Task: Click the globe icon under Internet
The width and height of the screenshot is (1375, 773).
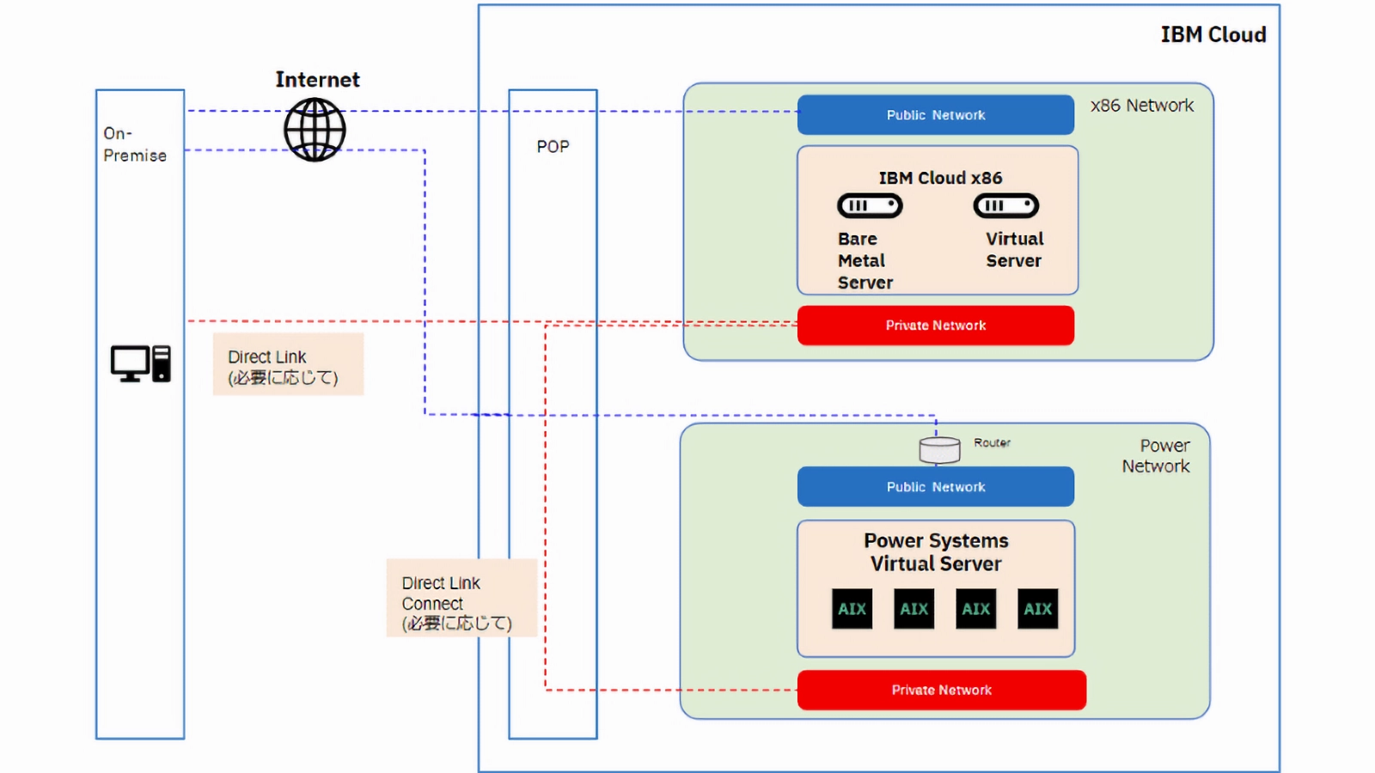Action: pos(315,130)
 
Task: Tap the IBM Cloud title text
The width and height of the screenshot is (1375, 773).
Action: pos(1213,34)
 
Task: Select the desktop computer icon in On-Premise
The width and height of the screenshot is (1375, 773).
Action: pos(140,363)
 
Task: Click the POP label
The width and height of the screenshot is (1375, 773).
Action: pos(553,147)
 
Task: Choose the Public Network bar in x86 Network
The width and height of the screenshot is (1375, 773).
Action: pos(935,115)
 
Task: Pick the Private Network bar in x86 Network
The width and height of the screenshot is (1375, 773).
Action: pos(935,326)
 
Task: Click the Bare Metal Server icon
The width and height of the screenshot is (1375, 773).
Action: pos(870,206)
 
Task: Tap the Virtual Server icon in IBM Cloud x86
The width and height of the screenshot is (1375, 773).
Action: pos(1005,206)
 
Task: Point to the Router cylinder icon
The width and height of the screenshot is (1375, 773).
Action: pos(939,449)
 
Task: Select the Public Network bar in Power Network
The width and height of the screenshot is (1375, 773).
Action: pos(935,487)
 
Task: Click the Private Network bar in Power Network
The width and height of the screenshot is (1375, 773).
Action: pos(941,690)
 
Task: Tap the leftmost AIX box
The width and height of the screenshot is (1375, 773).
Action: pos(852,609)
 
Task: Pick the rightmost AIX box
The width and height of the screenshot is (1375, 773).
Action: pos(1037,609)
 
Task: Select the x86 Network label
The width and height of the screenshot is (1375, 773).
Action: pos(1141,106)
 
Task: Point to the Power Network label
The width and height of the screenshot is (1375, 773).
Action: pos(1157,456)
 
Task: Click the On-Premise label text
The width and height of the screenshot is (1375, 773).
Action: pos(135,144)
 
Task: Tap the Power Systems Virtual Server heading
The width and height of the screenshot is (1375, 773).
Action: pos(936,552)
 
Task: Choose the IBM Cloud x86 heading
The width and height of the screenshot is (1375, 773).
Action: pos(940,178)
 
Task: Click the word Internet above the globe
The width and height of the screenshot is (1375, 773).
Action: pos(317,80)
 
